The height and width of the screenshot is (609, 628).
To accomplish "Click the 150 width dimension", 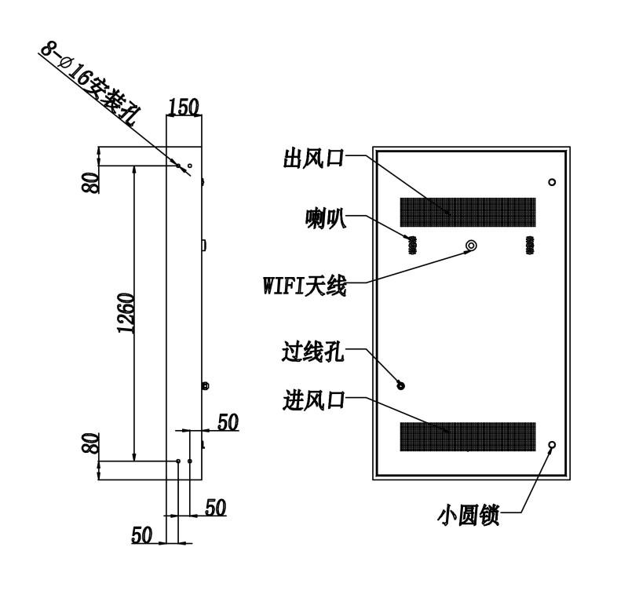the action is click(x=184, y=107).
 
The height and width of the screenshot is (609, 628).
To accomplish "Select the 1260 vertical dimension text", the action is click(x=126, y=313).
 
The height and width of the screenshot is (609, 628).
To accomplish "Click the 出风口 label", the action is click(x=313, y=158).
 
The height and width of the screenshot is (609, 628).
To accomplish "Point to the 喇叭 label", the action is click(x=325, y=219).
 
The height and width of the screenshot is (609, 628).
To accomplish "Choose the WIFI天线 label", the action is click(x=305, y=286).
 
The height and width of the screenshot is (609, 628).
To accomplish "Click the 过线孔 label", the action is click(x=312, y=352).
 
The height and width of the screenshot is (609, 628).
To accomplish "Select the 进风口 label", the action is click(x=313, y=400).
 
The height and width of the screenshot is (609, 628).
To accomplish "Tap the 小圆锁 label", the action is click(x=468, y=516).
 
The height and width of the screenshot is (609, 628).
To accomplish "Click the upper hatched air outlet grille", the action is click(x=468, y=212).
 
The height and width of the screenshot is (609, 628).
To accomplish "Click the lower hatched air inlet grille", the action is click(x=468, y=436).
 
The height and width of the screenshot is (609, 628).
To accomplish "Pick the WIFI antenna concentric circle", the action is click(x=471, y=245).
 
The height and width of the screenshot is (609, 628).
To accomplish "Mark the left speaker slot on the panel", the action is click(x=412, y=245).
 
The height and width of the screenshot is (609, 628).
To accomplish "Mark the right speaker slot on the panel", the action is click(x=530, y=245).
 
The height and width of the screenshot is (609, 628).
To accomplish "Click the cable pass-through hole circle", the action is click(x=400, y=385).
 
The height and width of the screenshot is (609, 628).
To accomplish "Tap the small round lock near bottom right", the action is click(x=552, y=445).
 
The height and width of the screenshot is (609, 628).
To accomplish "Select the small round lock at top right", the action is click(x=552, y=182).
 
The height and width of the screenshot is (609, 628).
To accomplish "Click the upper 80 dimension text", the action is click(x=90, y=183).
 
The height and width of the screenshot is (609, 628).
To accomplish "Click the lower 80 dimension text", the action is click(x=90, y=443).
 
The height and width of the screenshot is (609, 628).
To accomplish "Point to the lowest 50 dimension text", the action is click(x=142, y=534).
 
